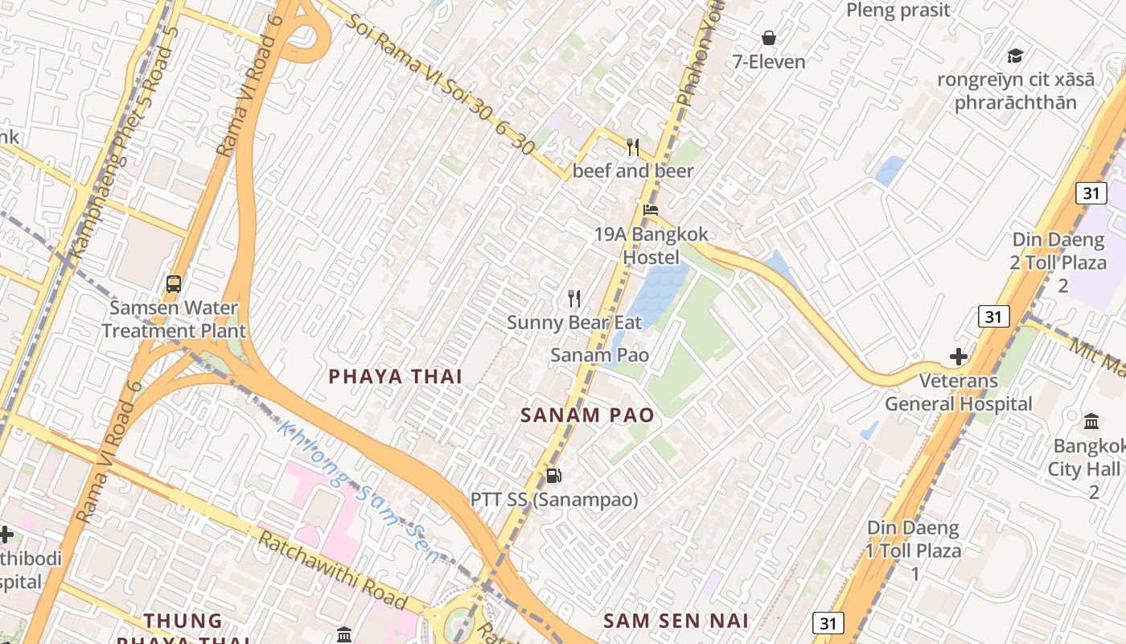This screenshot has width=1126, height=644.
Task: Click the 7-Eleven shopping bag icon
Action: point(769,38)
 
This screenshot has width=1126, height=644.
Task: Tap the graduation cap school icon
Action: point(1015,56)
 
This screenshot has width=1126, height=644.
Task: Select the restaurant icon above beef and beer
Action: point(633,147)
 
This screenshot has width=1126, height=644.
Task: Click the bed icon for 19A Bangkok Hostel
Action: point(650,210)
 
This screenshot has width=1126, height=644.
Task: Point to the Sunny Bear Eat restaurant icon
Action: point(574,299)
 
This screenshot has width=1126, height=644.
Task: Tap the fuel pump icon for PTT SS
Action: point(553,476)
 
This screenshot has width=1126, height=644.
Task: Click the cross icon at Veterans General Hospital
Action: point(958,357)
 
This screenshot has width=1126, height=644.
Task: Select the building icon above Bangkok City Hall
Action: point(1091,421)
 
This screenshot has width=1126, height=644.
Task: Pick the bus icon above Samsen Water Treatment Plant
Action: point(174,283)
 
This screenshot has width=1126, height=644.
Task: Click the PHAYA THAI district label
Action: point(395,376)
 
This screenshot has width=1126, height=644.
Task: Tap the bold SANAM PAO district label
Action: point(586,415)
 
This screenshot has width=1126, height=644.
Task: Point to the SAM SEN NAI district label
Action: point(676,621)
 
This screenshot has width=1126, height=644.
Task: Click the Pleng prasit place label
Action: point(898,10)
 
